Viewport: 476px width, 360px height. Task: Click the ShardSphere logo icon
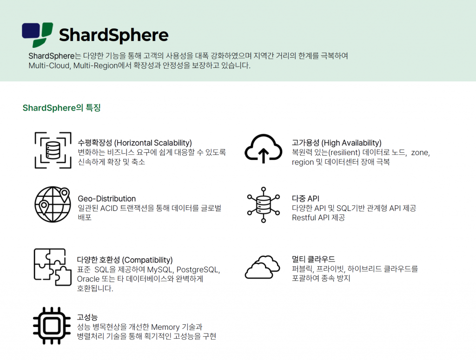pyautogui.click(x=37, y=35)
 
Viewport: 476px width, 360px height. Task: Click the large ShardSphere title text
pyautogui.click(x=113, y=35)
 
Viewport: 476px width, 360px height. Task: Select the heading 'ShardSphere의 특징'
pyautogui.click(x=61, y=108)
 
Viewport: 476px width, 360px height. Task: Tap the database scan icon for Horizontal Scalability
pyautogui.click(x=53, y=150)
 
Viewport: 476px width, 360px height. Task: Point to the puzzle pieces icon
pyautogui.click(x=53, y=267)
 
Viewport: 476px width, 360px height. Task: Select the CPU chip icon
pyautogui.click(x=52, y=326)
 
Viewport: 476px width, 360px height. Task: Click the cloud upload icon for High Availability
pyautogui.click(x=264, y=149)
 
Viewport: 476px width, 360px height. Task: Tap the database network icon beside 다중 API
pyautogui.click(x=264, y=205)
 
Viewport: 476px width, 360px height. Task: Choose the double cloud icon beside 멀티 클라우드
pyautogui.click(x=264, y=267)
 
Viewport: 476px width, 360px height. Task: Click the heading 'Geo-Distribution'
pyautogui.click(x=107, y=198)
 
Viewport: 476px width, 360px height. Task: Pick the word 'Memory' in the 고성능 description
pyautogui.click(x=165, y=327)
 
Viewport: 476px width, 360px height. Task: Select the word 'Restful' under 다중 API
pyautogui.click(x=303, y=217)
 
